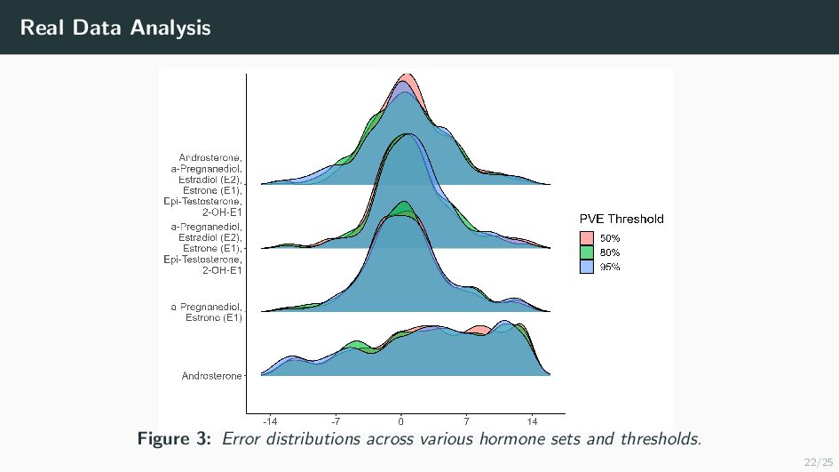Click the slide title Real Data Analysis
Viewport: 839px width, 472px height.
pyautogui.click(x=115, y=28)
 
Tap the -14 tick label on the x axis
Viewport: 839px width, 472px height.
pyautogui.click(x=270, y=421)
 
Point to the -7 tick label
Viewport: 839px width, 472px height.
pyautogui.click(x=336, y=421)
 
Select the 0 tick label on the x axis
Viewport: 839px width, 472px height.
pyautogui.click(x=400, y=421)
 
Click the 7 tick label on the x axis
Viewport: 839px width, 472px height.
pyautogui.click(x=467, y=421)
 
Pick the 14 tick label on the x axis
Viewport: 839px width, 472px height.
pyautogui.click(x=532, y=421)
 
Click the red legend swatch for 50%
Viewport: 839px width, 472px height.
pyautogui.click(x=587, y=238)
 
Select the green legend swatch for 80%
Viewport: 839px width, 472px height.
pyautogui.click(x=587, y=252)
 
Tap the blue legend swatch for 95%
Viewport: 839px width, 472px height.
pyautogui.click(x=587, y=267)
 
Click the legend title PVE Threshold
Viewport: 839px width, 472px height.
pyautogui.click(x=621, y=219)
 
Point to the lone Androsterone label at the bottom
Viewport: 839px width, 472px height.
pyautogui.click(x=211, y=376)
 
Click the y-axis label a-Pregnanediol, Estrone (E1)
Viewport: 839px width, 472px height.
pyautogui.click(x=207, y=312)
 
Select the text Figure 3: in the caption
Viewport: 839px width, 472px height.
pyautogui.click(x=174, y=438)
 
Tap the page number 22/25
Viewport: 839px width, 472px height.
pyautogui.click(x=818, y=462)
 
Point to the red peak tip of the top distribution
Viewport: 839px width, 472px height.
pyautogui.click(x=407, y=74)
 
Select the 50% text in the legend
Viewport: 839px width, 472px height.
pyautogui.click(x=610, y=238)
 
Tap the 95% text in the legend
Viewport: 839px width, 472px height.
pyautogui.click(x=610, y=267)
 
